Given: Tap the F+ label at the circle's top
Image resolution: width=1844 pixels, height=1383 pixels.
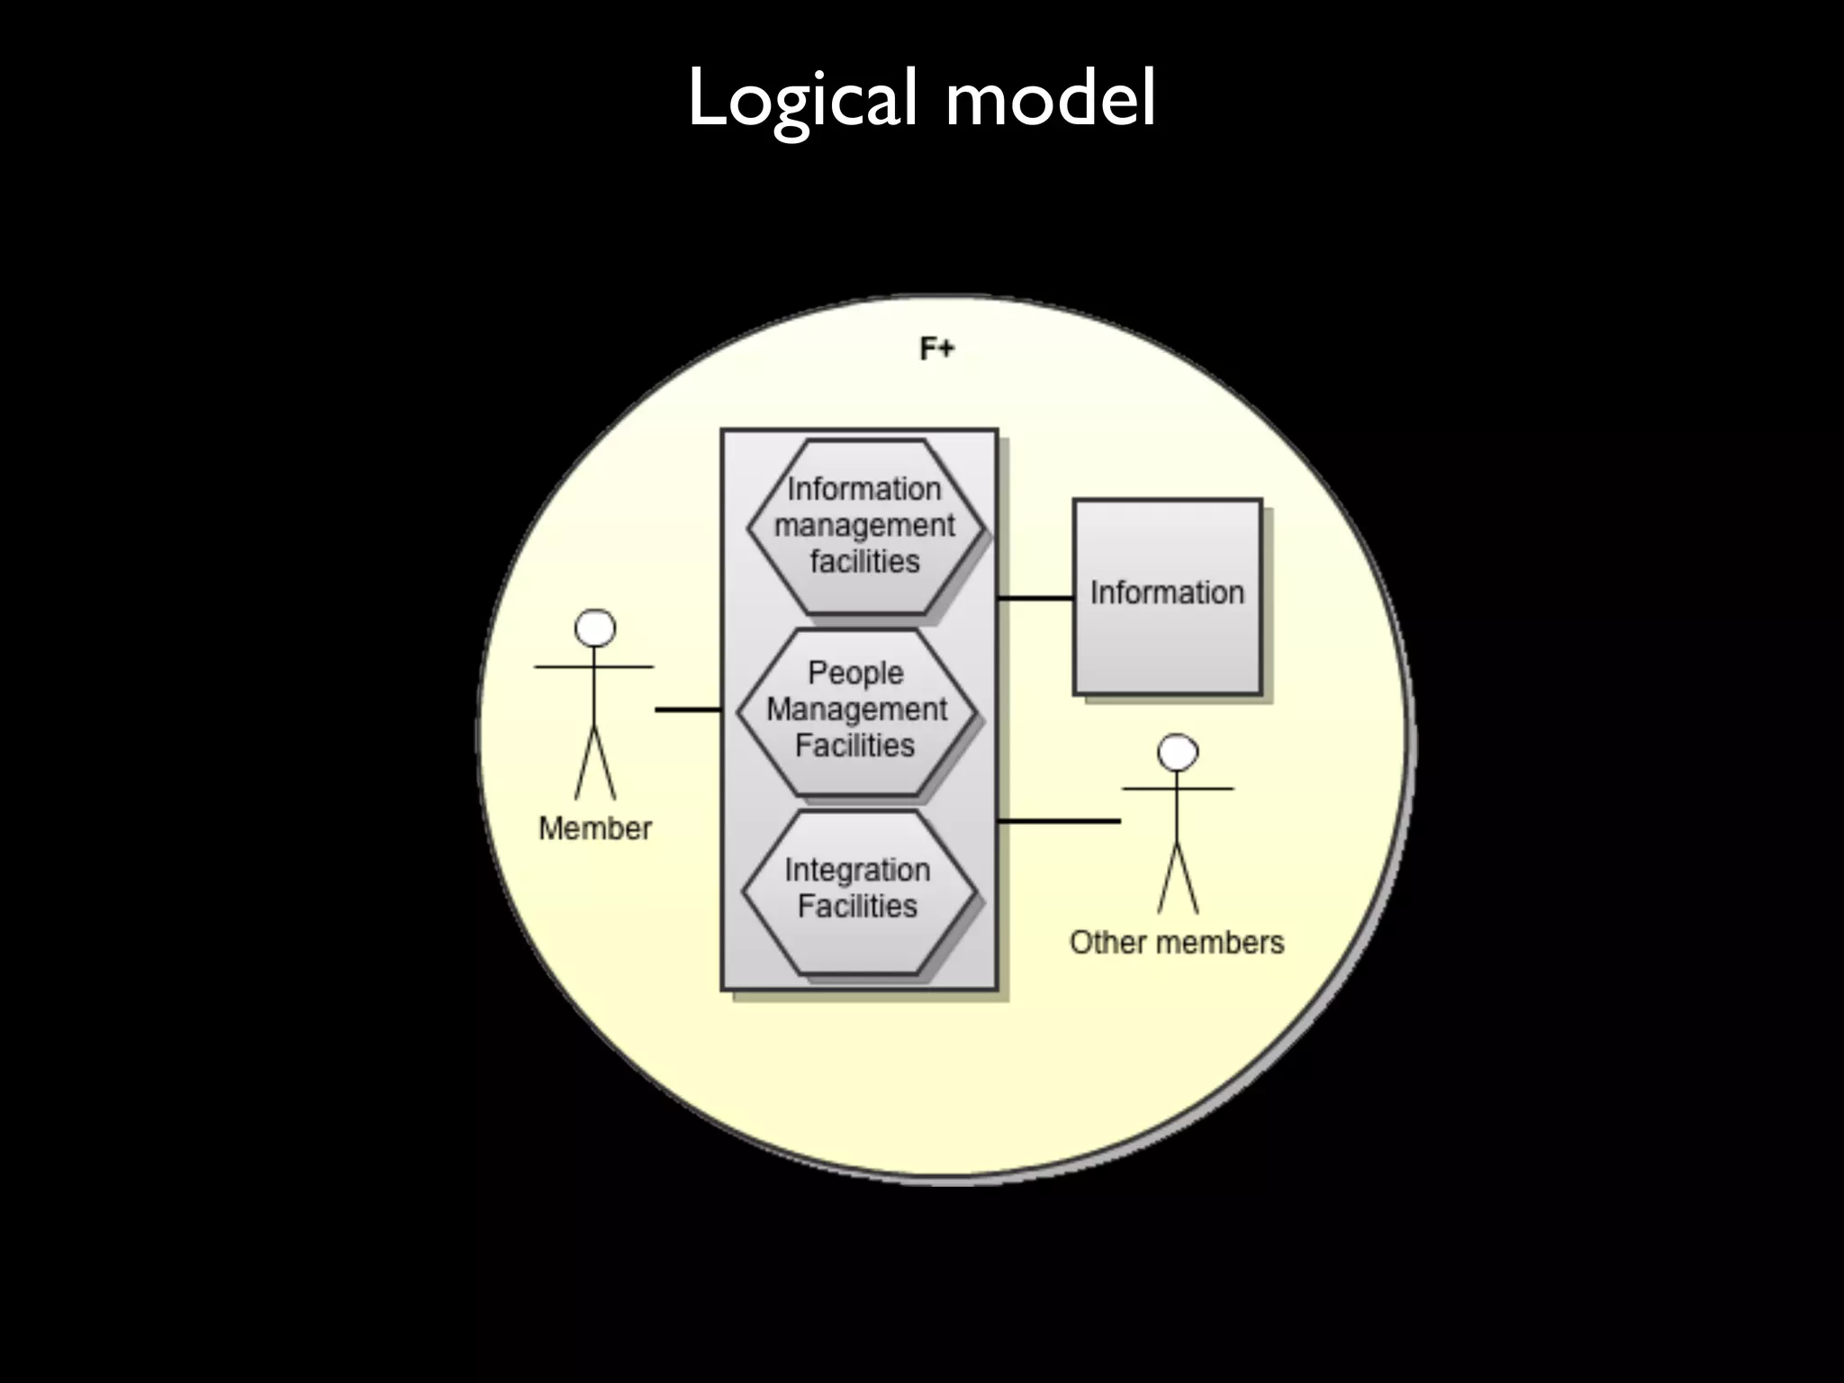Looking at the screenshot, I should pos(936,348).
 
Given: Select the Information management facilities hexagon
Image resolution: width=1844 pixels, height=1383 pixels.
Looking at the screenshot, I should pos(865,527).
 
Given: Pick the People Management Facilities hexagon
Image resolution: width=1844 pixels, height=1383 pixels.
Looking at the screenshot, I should pos(856,710).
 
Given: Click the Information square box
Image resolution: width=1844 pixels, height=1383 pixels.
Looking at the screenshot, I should pos(1167,595).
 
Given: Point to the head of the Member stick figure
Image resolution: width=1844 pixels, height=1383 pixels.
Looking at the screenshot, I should pos(595,628).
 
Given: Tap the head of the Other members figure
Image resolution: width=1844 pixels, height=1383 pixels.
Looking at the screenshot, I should pos(1178,752).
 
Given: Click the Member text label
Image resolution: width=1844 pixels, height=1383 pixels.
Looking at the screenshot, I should pos(594,828).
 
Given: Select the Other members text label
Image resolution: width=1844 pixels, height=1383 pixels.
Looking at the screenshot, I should pos(1176,943).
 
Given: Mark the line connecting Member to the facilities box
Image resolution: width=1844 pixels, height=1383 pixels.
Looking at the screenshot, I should pos(688,710).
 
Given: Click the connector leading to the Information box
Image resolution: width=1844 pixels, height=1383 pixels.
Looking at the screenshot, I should pos(1035,598).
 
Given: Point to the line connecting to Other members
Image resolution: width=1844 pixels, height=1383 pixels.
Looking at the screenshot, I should pos(1060,821).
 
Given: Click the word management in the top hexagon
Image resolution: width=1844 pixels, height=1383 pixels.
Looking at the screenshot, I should pos(864,526).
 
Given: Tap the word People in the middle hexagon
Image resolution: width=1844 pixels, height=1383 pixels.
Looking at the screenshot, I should pos(854,673).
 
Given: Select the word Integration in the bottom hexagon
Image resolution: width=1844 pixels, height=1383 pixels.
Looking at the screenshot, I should pos(857,870).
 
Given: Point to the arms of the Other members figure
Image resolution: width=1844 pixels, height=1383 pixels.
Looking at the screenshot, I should pos(1178,790).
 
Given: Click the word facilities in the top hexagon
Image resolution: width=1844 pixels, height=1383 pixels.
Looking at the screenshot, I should pos(864,562).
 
